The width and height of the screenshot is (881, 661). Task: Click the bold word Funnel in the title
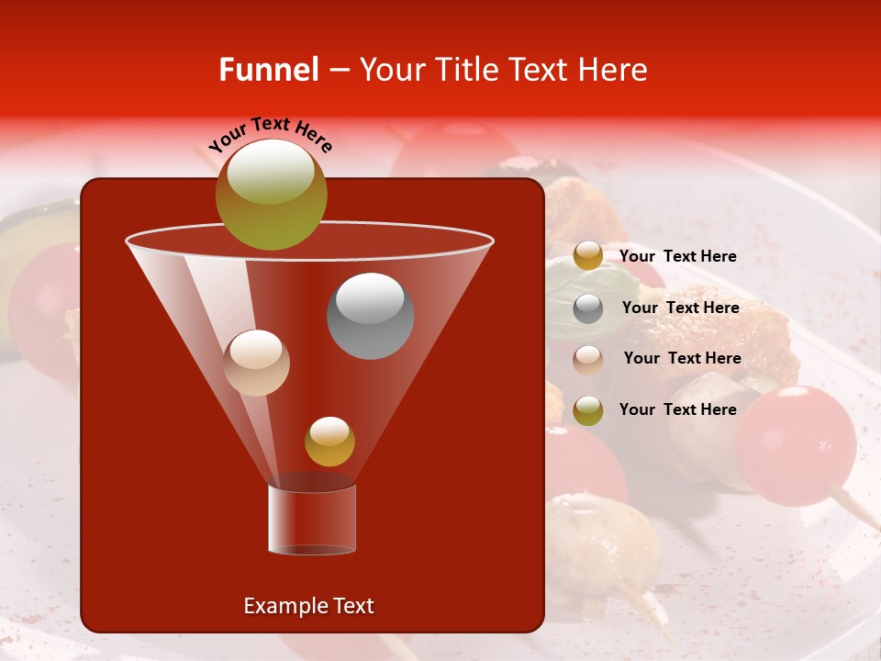268,70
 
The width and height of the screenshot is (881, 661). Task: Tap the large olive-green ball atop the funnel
271,194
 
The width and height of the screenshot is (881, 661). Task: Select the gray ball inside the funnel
370,315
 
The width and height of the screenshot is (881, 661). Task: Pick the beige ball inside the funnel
256,363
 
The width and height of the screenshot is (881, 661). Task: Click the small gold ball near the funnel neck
329,441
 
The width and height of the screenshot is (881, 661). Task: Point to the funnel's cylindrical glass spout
311,520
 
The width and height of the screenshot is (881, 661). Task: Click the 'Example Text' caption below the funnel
308,606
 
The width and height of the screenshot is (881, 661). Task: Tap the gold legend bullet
587,256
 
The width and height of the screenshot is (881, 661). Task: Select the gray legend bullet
587,308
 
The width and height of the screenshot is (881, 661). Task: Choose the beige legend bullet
587,359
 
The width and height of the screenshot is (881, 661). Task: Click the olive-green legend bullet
587,409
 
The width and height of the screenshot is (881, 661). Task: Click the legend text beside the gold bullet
677,256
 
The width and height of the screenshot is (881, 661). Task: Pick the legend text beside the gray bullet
680,308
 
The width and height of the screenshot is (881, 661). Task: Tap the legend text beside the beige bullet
682,358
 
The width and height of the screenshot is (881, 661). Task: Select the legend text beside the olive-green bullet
677,409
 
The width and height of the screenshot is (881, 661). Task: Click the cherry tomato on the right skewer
795,444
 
